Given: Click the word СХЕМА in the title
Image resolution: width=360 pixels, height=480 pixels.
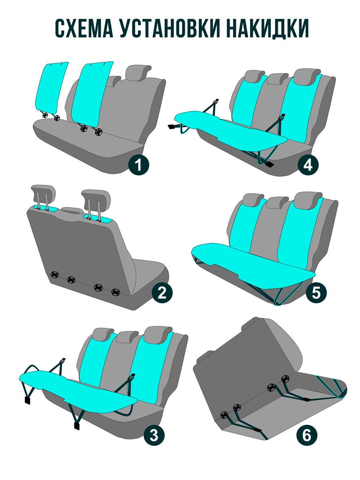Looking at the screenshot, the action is coord(84,28).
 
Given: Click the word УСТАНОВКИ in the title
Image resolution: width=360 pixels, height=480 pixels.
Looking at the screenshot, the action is coord(170,28).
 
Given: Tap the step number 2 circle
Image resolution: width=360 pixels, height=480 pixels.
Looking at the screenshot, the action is coord(162,293).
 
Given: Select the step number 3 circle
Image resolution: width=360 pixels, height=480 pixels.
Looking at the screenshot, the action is coord(154,435).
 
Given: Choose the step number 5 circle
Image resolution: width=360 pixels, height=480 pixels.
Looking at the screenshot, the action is coord(316,292).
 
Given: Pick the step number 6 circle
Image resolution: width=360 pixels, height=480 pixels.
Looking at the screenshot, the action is coord(306,435).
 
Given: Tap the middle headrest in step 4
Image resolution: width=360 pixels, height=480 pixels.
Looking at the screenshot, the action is coord(278,79).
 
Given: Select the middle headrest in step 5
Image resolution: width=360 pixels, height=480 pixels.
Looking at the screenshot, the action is coord(278,202).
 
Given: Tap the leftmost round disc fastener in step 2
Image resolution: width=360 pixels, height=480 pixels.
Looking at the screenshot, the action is coord(54,274).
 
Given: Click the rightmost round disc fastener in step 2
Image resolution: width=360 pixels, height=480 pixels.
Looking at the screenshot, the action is coord(116,292).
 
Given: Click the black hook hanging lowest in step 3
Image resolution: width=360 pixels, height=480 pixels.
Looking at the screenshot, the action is coord(77,426).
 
